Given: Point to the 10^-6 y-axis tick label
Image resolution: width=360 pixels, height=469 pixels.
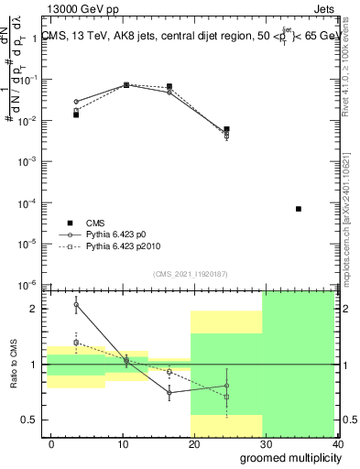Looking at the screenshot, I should coord(30,284).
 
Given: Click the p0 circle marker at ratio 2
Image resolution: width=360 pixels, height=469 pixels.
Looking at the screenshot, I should coord(76,305).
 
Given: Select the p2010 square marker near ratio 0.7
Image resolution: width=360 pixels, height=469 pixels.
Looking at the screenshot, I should coord(226,397).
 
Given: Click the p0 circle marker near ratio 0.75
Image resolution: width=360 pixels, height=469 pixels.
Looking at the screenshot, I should coord(169,392).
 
